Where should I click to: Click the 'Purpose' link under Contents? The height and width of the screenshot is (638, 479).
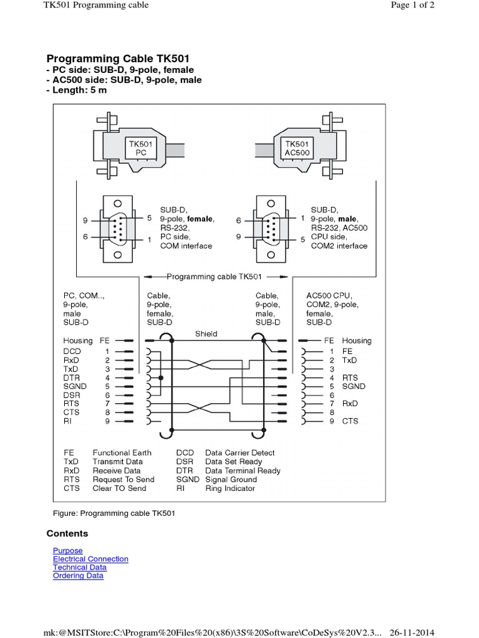(67, 551)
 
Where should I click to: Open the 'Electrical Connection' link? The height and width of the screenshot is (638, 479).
(90, 559)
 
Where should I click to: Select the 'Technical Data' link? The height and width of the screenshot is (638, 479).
(79, 568)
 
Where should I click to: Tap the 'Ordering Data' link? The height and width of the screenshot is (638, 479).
(78, 576)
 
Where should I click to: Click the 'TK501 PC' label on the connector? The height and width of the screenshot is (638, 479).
(141, 148)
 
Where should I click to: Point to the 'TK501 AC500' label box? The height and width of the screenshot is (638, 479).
(297, 148)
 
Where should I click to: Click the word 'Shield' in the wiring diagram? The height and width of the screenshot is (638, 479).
(206, 334)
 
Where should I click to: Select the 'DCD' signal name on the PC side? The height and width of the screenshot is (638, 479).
(72, 351)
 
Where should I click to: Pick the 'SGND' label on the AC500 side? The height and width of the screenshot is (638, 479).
(354, 386)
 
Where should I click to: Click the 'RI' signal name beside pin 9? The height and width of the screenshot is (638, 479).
(67, 421)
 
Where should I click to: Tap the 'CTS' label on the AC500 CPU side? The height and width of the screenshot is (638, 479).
(350, 421)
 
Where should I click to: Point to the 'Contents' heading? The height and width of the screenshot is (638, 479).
(67, 533)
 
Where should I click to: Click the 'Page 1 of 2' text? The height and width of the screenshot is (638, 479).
(412, 5)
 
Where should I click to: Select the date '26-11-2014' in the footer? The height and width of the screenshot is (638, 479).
(412, 631)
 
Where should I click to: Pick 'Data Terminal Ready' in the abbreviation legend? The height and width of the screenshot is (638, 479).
(243, 470)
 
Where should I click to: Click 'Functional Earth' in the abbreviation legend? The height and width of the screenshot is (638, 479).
(122, 453)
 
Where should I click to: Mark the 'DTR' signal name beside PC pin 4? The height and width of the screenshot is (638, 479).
(71, 378)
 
